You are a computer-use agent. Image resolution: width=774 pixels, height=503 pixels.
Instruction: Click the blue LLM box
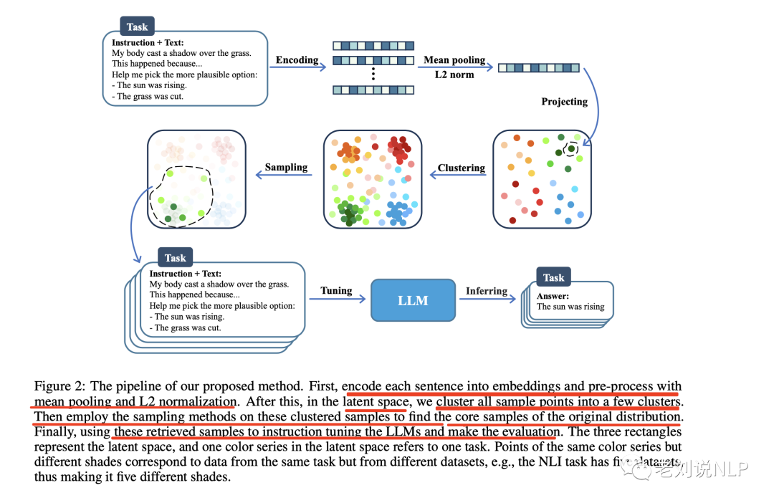[x=413, y=300]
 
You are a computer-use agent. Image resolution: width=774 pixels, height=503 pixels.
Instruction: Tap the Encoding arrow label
[x=297, y=59]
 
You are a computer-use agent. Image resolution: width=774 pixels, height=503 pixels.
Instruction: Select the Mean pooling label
[x=454, y=59]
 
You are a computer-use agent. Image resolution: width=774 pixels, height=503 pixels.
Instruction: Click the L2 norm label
[x=454, y=74]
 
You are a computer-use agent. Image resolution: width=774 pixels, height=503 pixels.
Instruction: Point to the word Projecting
[x=564, y=101]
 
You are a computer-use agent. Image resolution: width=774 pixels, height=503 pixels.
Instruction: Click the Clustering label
[x=462, y=168]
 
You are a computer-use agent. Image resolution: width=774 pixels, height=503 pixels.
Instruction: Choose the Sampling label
[x=286, y=167]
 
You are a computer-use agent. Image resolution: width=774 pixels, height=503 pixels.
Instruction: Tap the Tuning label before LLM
[x=336, y=290]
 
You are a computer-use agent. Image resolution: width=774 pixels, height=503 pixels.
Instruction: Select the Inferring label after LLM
[x=487, y=290]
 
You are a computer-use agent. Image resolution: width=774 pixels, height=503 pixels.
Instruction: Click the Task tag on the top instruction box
[x=137, y=27]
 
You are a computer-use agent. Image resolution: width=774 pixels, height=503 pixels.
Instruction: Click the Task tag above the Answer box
[x=553, y=277]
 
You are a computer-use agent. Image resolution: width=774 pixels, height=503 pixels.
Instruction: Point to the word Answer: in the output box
[x=553, y=295]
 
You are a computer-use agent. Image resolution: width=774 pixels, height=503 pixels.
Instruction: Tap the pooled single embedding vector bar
[x=538, y=67]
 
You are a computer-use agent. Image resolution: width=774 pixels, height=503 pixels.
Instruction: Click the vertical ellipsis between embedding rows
[x=373, y=75]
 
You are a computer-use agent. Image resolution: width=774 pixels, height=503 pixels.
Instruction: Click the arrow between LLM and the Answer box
[x=487, y=301]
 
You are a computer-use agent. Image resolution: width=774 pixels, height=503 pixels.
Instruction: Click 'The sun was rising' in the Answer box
[x=570, y=307]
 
